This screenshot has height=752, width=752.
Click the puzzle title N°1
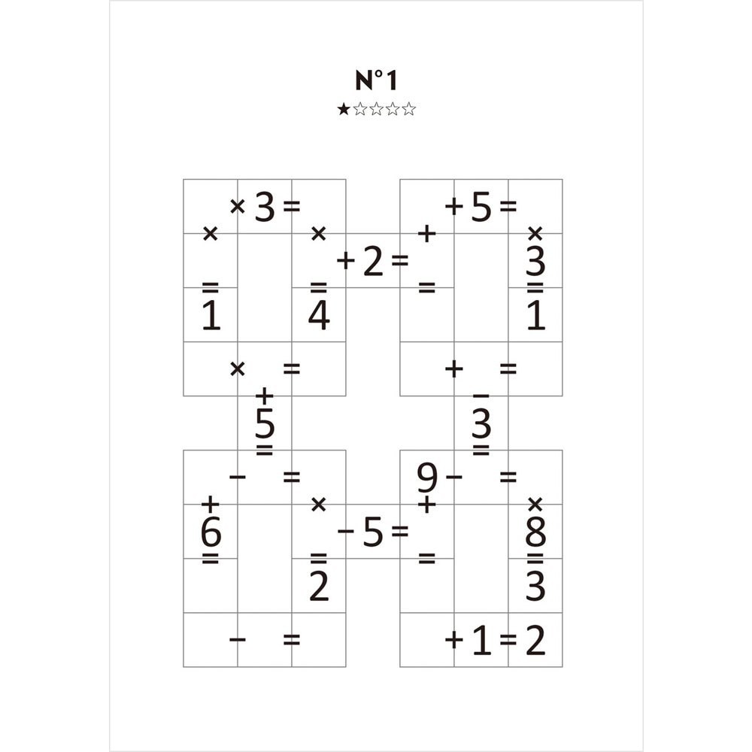tap(376, 80)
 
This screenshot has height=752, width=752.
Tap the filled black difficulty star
tap(343, 109)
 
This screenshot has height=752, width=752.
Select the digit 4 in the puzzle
tap(319, 316)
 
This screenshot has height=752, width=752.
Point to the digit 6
tap(211, 532)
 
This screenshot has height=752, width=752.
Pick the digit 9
tap(427, 478)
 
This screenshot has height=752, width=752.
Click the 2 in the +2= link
tap(373, 262)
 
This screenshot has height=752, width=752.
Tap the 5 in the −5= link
tap(373, 532)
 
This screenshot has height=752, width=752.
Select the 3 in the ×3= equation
tap(265, 208)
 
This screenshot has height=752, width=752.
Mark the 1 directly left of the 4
tap(211, 316)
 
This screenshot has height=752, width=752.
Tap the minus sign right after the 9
tap(453, 477)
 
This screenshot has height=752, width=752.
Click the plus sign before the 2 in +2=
tap(345, 261)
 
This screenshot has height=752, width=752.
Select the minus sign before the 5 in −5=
tap(345, 531)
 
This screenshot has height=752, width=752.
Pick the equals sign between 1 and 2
tap(508, 640)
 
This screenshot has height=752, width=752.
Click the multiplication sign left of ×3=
tap(238, 207)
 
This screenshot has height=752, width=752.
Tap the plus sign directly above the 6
tap(210, 505)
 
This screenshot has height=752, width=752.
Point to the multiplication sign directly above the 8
tap(535, 505)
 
